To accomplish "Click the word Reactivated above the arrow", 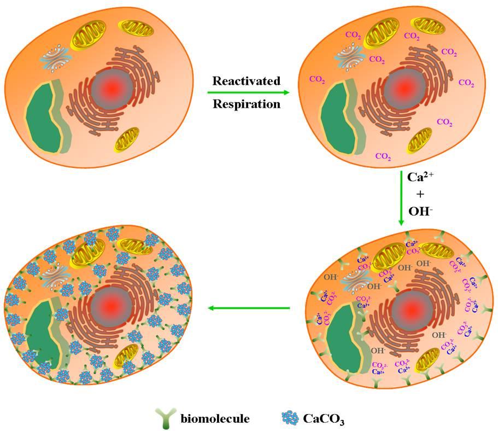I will click(246, 81).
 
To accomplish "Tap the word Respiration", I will click(246, 103).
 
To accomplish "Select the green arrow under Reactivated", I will click(246, 92).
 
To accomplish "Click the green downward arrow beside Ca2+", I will click(401, 199).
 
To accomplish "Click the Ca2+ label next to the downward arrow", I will click(419, 178).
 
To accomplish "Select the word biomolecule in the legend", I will click(215, 419).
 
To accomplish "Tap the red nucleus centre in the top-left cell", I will click(110, 87).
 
